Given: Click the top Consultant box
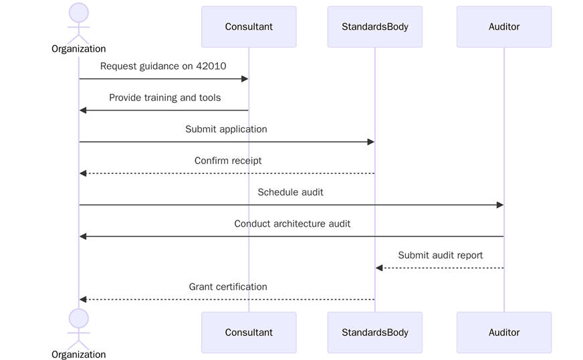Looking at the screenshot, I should click(249, 27).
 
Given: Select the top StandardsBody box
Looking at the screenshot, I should click(374, 27).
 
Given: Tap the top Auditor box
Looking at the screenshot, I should click(504, 27).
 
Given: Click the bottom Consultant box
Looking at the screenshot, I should click(249, 332).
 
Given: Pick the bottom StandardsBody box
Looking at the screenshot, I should click(374, 332).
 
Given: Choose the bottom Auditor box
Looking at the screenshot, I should click(504, 332).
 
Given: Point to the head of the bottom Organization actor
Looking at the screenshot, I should click(79, 318).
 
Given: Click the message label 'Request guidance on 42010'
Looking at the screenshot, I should click(164, 66).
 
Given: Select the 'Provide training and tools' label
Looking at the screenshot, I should click(164, 98).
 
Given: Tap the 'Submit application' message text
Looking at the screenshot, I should click(226, 129).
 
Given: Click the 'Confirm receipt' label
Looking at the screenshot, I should click(228, 161).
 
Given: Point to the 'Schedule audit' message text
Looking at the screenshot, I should click(290, 192).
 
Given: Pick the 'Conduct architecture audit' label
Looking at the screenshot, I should click(292, 223).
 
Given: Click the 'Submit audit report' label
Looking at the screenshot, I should click(440, 255).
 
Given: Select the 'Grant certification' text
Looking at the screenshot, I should click(228, 286).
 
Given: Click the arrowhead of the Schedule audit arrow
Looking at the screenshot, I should click(499, 205).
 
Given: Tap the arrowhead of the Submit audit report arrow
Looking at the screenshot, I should click(379, 268).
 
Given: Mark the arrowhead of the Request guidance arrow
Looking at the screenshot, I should click(245, 79).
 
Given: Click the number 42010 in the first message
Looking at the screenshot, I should click(212, 66).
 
